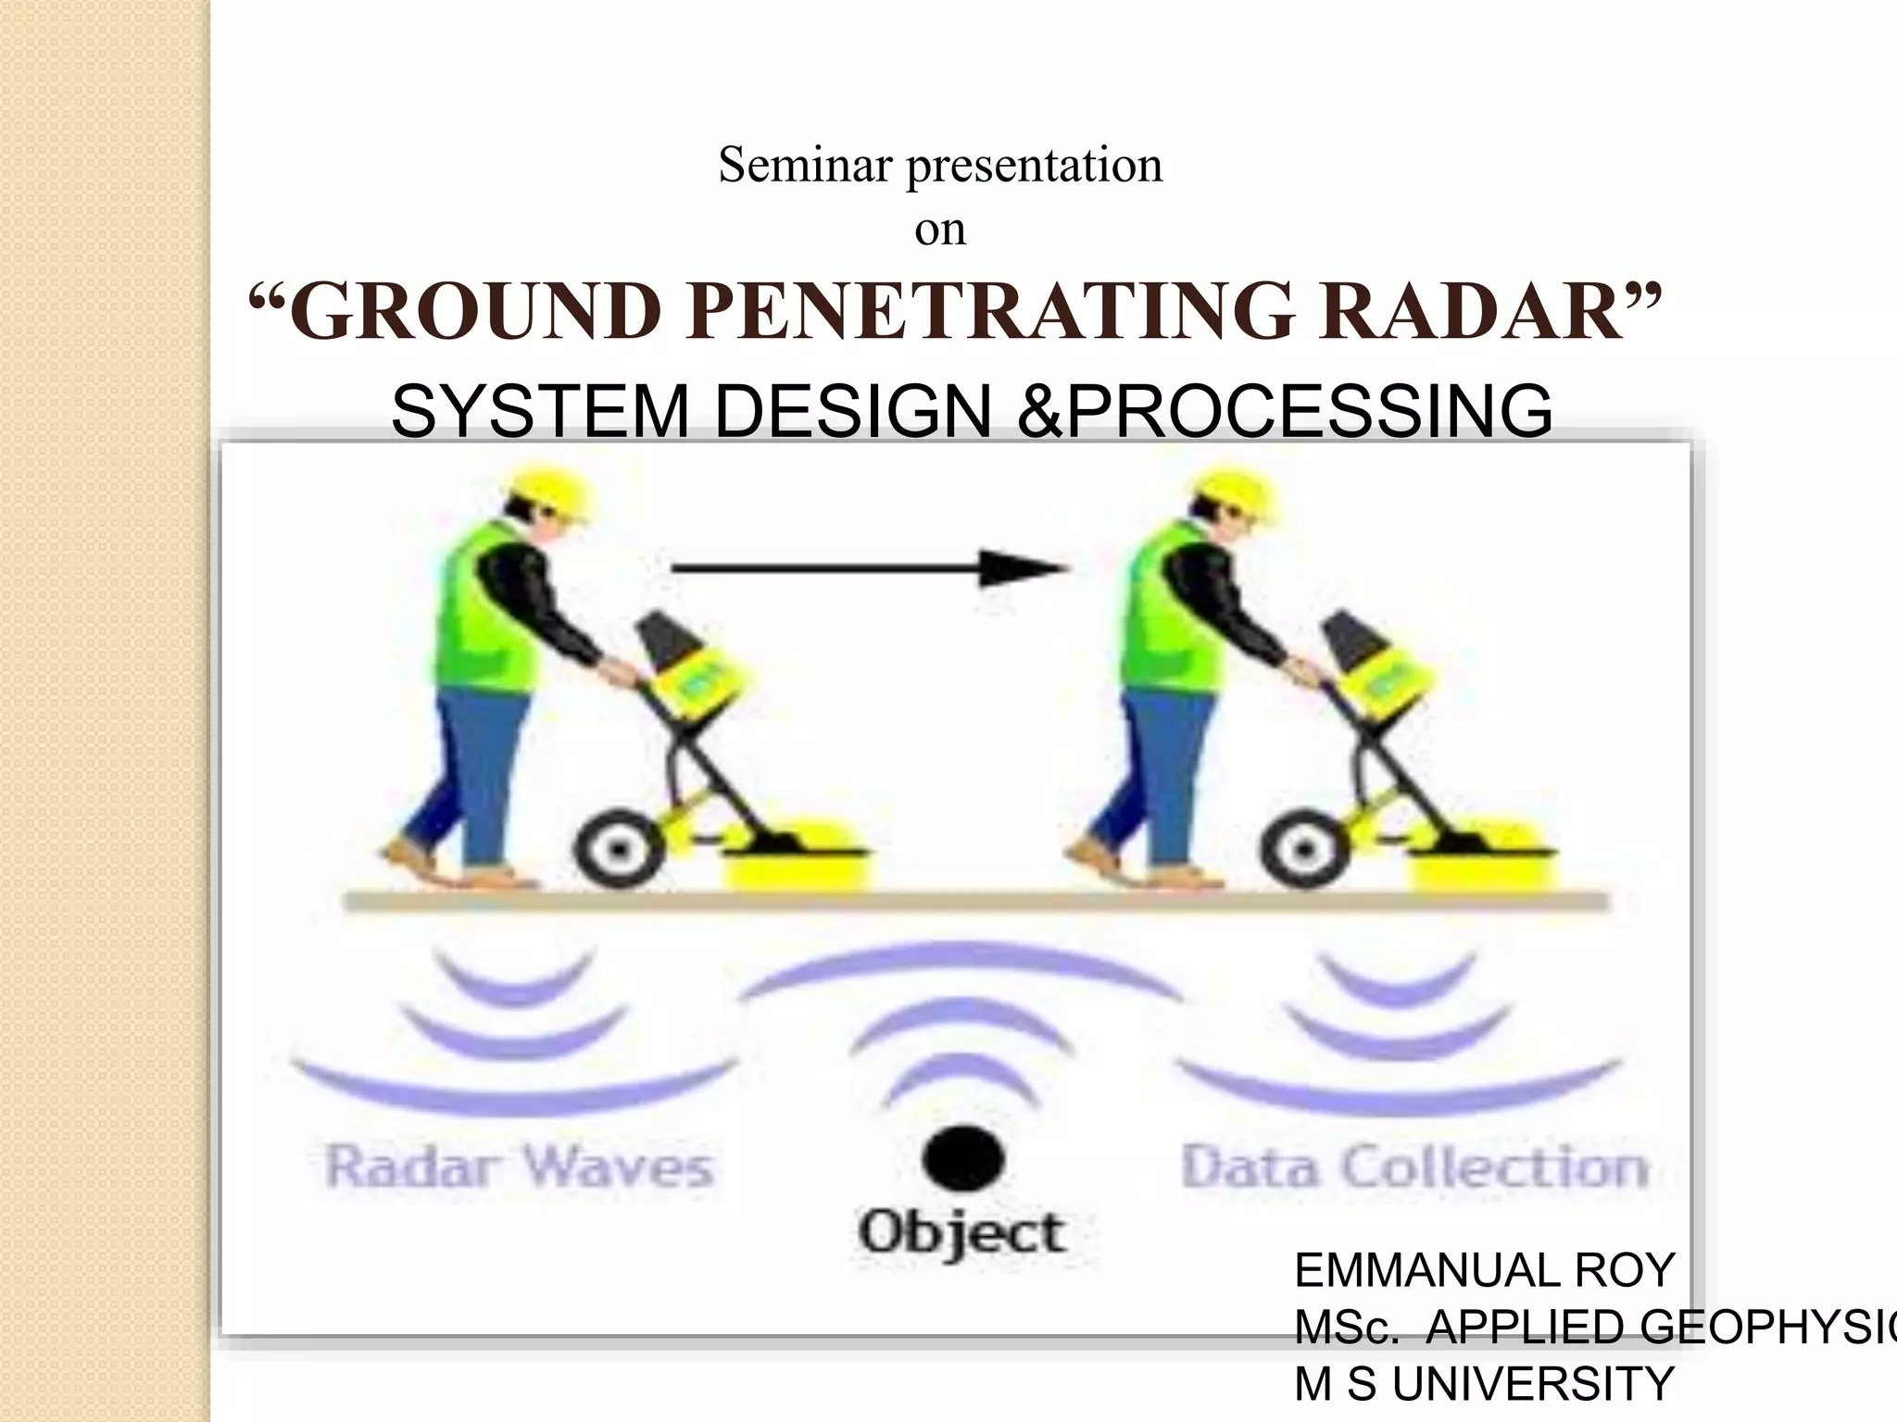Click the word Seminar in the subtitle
[805, 167]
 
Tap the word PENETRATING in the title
[990, 313]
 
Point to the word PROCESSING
[1310, 411]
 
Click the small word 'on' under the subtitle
[940, 230]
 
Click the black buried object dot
[963, 1159]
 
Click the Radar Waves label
[520, 1166]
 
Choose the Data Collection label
[1414, 1166]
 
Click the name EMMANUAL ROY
[1484, 1270]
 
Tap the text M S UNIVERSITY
[1484, 1385]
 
